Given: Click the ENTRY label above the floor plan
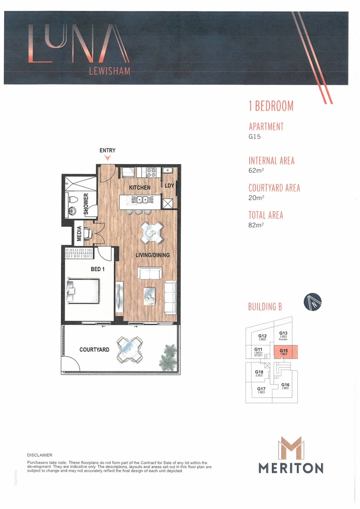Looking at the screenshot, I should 107,150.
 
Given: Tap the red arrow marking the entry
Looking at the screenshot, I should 107,158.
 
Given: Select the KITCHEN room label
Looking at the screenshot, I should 140,188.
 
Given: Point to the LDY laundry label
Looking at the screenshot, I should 169,186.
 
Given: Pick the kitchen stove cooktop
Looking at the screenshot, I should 151,172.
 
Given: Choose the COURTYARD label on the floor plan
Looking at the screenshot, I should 94,350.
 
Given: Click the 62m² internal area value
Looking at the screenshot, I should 256,172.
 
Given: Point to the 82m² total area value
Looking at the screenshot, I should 256,225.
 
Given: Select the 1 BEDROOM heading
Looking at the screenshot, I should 271,106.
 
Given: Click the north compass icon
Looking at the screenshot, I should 312,301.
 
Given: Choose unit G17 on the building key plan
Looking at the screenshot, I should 261,390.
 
